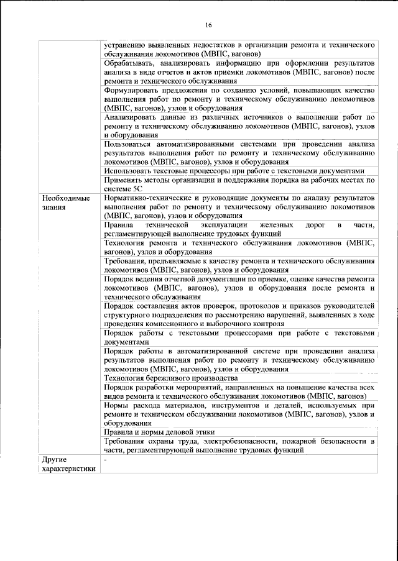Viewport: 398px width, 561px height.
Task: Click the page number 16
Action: tap(208, 25)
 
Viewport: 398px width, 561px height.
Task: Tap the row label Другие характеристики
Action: tap(68, 464)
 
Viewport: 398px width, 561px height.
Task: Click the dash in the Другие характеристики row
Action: tap(106, 460)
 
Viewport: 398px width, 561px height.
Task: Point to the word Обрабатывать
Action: tap(131, 64)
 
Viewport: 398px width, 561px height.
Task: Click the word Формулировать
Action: tap(134, 90)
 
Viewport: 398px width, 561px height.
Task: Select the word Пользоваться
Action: tap(132, 143)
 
